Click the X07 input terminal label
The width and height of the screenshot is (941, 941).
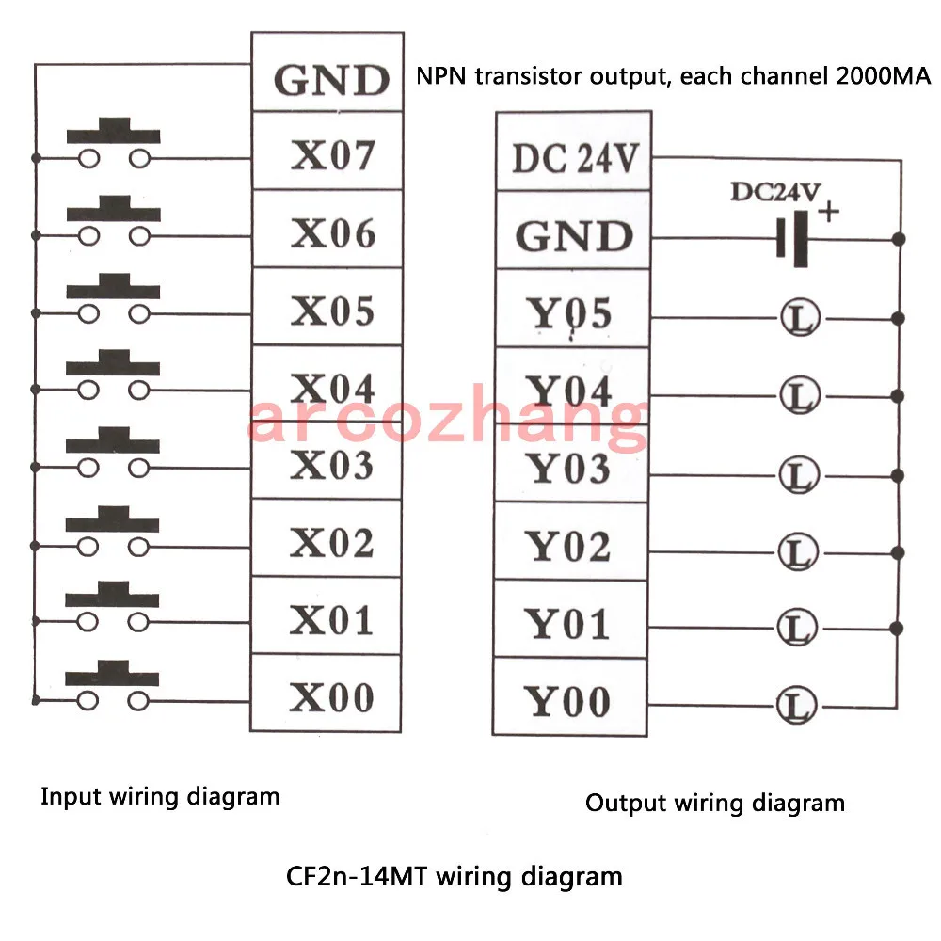tap(332, 155)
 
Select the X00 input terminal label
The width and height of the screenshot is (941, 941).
tap(331, 697)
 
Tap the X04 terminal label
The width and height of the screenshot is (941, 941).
tap(332, 388)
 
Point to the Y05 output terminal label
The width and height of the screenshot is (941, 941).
tap(569, 313)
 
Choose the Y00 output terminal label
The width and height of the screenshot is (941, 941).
tap(567, 701)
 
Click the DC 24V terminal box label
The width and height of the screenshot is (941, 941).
tap(574, 158)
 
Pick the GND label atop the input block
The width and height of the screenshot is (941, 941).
tap(331, 80)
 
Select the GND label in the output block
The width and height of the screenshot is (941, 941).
tap(574, 236)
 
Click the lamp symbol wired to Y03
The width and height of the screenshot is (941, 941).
tap(799, 474)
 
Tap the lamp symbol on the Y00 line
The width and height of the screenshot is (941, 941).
tap(796, 706)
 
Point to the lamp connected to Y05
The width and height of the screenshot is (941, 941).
tap(801, 317)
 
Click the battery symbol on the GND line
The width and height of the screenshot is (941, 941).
tap(792, 238)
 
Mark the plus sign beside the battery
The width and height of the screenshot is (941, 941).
tap(829, 212)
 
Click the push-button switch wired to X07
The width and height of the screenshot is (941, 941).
tap(114, 143)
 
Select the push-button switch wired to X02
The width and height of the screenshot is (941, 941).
tap(112, 531)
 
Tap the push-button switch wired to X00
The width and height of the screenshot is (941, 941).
tap(112, 685)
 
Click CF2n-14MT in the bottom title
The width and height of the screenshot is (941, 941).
tap(357, 876)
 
